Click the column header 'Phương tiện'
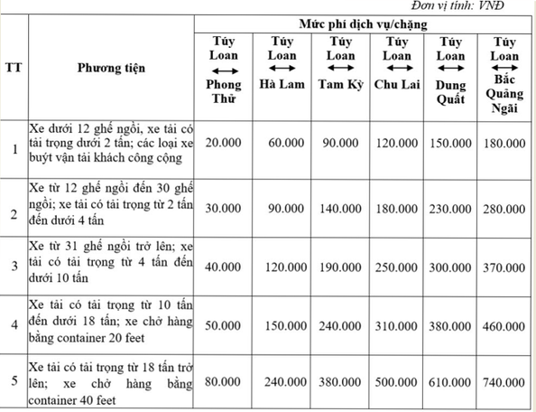(111, 67)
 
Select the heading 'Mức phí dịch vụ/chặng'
(365, 20)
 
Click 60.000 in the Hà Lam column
(281, 143)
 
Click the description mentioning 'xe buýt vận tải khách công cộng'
(110, 143)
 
